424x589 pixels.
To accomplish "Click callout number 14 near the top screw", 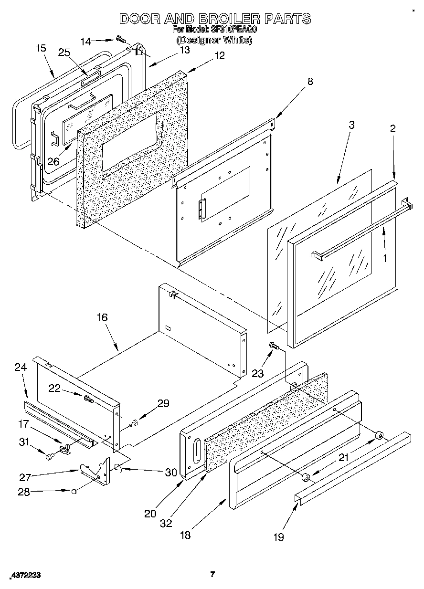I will coord(85,42).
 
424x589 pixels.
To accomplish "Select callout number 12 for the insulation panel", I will coord(220,55).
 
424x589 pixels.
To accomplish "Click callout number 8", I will coord(310,81).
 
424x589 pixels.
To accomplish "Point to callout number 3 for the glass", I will coord(351,125).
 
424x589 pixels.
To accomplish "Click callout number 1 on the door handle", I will coord(385,258).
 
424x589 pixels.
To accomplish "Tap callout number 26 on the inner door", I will coord(53,161).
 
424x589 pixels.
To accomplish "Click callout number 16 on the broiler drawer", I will coord(102,317).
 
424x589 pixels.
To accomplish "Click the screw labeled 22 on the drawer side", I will coord(89,399).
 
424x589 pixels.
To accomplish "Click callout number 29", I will coord(163,403).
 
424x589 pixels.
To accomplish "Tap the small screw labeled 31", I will coord(49,457).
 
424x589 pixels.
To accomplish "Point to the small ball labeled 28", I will coord(74,491).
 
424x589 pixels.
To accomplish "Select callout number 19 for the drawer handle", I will coord(278,537).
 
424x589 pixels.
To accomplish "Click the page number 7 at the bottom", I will coord(212,575).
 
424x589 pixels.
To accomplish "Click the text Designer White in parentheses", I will coord(214,40).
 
